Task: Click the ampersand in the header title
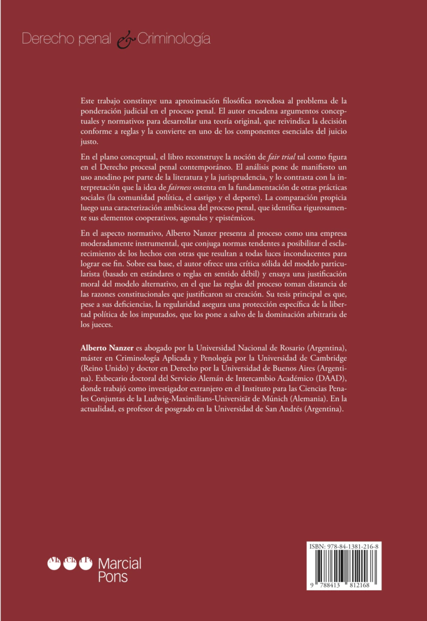124,41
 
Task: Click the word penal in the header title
96,40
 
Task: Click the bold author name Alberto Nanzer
107,347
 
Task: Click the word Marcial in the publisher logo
119,563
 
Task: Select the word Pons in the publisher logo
113,576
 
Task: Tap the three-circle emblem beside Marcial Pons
69,564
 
